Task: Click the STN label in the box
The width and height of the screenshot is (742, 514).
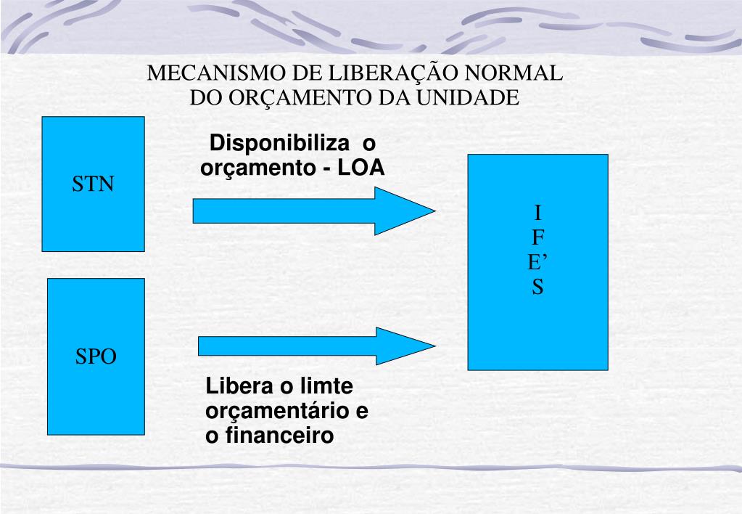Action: tap(93, 184)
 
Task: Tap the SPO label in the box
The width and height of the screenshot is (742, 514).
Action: tap(96, 357)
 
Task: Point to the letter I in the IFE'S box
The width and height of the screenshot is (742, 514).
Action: tap(537, 213)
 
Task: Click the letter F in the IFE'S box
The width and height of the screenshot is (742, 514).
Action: tap(537, 237)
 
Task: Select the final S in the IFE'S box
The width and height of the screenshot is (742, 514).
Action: tap(537, 288)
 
